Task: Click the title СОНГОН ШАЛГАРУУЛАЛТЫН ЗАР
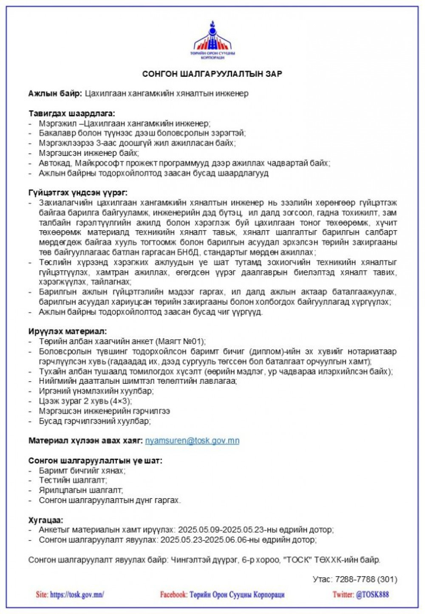pyautogui.click(x=212, y=74)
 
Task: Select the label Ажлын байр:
pyautogui.click(x=55, y=93)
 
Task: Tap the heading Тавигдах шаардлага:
pyautogui.click(x=72, y=113)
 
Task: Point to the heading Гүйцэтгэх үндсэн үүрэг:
pyautogui.click(x=78, y=193)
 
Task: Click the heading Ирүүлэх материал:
pyautogui.click(x=68, y=331)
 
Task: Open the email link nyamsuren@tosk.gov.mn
pyautogui.click(x=192, y=441)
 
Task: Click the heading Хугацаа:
pyautogui.click(x=46, y=520)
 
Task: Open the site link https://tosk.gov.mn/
pyautogui.click(x=77, y=594)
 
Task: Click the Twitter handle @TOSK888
pyautogui.click(x=372, y=594)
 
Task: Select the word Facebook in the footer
pyautogui.click(x=173, y=594)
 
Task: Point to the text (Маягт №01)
pyautogui.click(x=181, y=342)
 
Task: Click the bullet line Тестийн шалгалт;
pyautogui.click(x=73, y=480)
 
